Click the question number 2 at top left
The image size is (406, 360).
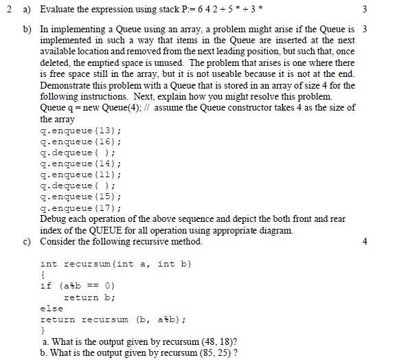point(5,10)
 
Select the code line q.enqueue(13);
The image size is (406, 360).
point(81,131)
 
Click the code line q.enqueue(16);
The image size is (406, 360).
point(81,142)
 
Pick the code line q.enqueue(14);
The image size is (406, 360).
point(81,164)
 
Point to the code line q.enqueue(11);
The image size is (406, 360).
point(81,175)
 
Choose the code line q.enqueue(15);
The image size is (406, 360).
point(81,196)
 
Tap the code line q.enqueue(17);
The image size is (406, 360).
point(81,207)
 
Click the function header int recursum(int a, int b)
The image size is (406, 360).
point(115,264)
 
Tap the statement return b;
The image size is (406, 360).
point(89,297)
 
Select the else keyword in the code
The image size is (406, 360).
point(52,308)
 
